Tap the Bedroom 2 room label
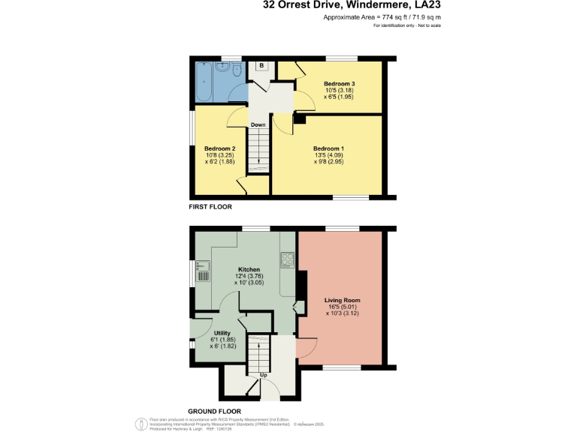220,148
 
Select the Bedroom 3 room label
339,83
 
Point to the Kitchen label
249,269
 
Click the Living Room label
342,300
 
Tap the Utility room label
222,332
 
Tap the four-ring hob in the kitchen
287,260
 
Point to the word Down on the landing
258,124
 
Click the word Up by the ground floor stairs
263,375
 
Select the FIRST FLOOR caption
211,206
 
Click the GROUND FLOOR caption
214,411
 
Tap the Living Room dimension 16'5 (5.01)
342,307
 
